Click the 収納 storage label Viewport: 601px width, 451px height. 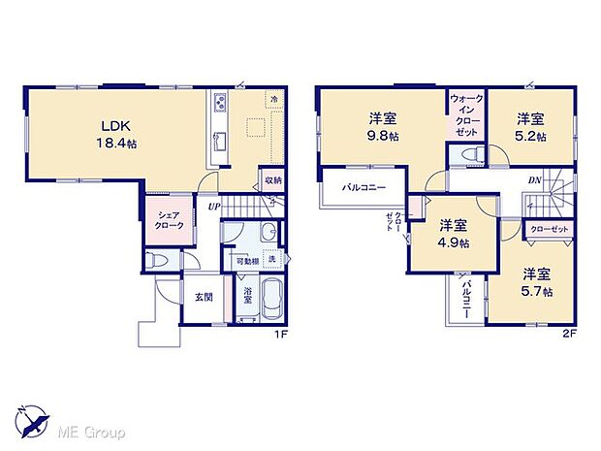271,180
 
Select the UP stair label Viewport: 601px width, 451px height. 213,206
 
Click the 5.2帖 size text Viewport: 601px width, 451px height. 530,136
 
